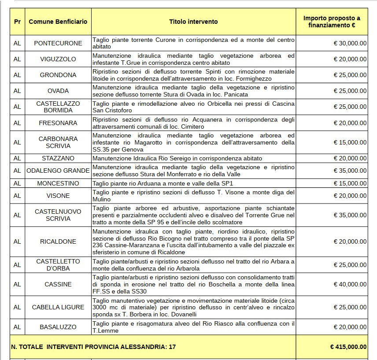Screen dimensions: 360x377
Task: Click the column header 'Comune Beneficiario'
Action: point(58,22)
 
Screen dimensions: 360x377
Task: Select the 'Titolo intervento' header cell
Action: point(193,22)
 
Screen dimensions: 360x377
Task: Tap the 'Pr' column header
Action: point(17,22)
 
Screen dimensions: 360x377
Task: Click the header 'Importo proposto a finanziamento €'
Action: point(332,22)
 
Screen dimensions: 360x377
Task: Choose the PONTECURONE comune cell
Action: point(58,43)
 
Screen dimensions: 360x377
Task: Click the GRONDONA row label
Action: point(58,75)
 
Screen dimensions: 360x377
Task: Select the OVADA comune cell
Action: point(58,91)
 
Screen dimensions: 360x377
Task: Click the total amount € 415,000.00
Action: point(348,347)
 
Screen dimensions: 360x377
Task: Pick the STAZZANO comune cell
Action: point(58,158)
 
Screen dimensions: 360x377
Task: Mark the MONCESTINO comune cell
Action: point(58,183)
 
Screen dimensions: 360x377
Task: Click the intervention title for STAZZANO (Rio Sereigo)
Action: point(177,158)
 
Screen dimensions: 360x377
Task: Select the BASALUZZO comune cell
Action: point(58,327)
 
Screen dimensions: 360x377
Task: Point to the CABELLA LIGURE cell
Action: point(58,307)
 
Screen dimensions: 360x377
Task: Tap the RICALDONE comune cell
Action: point(58,241)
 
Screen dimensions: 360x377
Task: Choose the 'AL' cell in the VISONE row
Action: point(17,196)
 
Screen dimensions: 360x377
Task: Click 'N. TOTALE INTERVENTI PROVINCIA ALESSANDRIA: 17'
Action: point(93,347)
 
